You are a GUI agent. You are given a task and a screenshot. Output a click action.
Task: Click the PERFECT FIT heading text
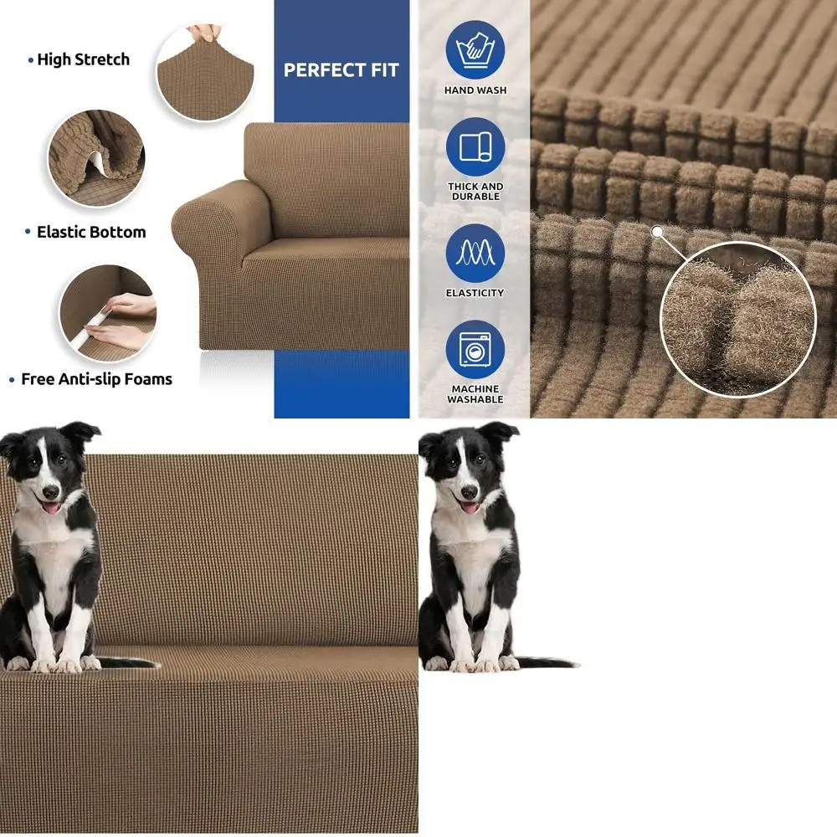341,70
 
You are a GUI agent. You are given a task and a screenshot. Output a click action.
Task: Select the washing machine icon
475,349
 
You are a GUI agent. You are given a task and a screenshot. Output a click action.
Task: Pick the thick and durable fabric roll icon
475,146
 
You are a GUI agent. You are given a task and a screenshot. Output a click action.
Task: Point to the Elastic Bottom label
91,232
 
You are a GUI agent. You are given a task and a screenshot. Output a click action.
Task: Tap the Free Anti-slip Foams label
96,379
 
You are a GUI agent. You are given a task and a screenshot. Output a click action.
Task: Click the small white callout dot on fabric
657,231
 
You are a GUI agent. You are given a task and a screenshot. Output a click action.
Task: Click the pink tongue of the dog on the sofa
52,508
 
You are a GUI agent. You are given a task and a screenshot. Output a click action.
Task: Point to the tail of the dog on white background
548,662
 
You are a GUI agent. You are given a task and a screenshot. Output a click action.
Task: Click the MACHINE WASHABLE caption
475,394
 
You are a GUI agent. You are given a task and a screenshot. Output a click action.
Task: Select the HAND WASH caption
475,90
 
